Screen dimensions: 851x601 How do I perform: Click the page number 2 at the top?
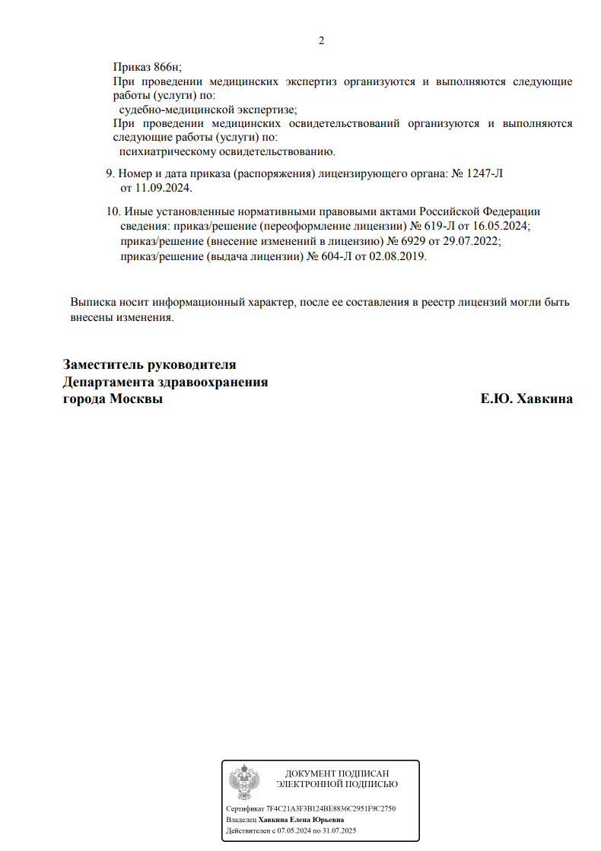pos(321,40)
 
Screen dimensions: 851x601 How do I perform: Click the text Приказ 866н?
pos(148,67)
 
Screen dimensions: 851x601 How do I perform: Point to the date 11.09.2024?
pos(164,187)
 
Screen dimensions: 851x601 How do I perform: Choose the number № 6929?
pos(403,241)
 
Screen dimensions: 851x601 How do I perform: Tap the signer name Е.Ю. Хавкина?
pos(526,399)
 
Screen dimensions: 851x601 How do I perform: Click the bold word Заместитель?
pos(106,365)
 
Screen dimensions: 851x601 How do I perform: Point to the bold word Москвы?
pos(137,399)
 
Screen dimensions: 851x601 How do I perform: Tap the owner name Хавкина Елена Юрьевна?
pos(301,820)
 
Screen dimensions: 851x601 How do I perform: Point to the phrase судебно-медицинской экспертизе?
pos(208,110)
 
